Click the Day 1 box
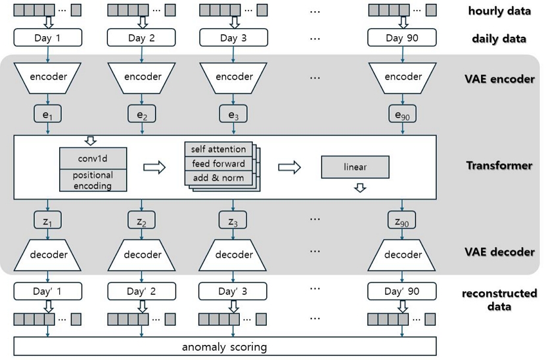tap(47, 38)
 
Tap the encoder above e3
tap(234, 77)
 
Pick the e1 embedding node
tap(47, 116)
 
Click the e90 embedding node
tap(403, 116)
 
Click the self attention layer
tap(219, 149)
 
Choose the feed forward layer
tap(219, 164)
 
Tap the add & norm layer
tap(219, 178)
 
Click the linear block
tap(355, 167)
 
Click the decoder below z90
tap(403, 255)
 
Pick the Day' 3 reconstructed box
tap(234, 291)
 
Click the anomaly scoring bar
tap(225, 346)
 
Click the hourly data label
tap(499, 11)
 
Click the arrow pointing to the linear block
tap(290, 167)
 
